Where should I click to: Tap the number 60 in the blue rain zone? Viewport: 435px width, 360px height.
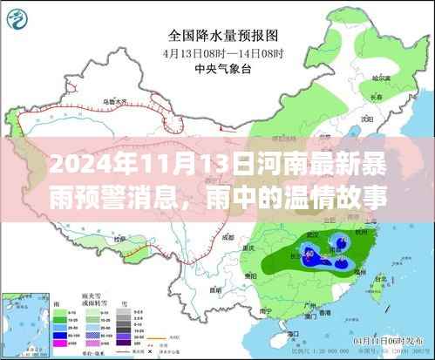311,252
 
